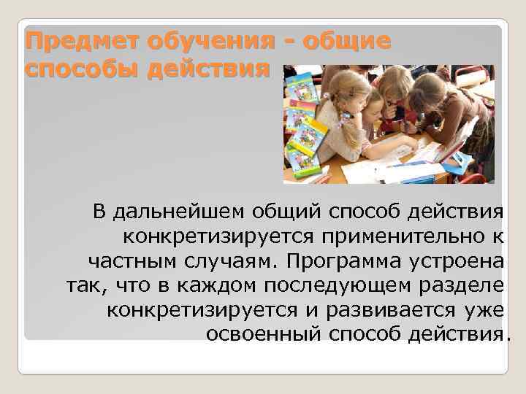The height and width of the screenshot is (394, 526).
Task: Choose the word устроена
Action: tap(462, 260)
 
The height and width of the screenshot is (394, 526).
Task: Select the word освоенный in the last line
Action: tap(264, 334)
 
